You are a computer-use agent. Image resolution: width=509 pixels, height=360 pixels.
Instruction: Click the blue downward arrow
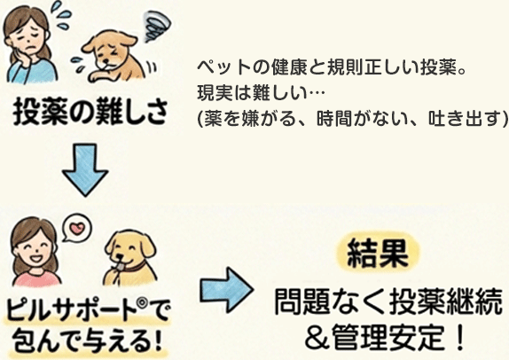point(85,169)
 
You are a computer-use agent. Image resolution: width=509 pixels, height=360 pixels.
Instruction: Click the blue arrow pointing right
point(227,290)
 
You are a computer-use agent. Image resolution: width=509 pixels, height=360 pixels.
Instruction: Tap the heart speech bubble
point(77,227)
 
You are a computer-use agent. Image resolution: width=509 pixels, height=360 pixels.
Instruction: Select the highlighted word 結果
point(378,254)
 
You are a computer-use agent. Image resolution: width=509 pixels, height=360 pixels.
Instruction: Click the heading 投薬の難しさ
point(90,112)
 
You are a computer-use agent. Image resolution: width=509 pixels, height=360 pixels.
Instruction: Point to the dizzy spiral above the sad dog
point(157,26)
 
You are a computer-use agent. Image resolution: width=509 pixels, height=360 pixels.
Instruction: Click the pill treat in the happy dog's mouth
point(120,267)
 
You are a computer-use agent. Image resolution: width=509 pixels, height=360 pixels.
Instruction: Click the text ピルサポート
point(71,311)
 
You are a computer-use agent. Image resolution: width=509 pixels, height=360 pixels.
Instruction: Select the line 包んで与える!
point(88,340)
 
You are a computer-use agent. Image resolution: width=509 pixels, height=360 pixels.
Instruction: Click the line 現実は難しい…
point(261,93)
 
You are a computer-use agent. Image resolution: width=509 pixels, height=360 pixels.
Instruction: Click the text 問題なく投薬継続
point(388,302)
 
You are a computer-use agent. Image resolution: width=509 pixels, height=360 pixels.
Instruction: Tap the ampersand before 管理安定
point(317,338)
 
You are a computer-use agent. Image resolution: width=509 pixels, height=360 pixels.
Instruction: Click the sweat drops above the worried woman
point(60,11)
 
